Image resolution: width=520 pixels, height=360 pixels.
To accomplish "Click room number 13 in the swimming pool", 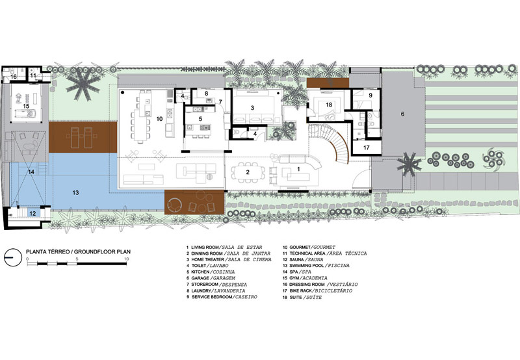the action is click(75, 192).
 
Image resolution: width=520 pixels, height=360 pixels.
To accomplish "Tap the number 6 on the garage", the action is click(402, 114).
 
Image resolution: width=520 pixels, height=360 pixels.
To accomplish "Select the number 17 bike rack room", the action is click(366, 148).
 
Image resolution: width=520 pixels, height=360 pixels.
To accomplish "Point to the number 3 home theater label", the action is click(252, 108).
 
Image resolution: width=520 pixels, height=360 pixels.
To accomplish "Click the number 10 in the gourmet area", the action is click(159, 119).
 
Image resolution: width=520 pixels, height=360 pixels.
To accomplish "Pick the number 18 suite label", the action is click(329, 105).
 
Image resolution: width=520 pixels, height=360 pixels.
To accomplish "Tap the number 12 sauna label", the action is click(32, 214).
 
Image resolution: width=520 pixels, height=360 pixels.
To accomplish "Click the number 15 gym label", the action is click(26, 107).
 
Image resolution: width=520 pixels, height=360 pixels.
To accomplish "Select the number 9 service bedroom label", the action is click(370, 95).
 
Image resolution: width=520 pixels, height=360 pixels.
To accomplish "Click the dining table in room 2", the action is click(248, 172).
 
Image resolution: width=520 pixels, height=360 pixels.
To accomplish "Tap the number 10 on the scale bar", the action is click(126, 259).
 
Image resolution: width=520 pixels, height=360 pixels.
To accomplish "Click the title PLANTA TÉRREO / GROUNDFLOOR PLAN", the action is click(78, 251).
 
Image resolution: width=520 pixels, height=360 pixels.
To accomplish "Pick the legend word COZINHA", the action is click(224, 272).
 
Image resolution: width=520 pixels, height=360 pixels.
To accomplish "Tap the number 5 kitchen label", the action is click(200, 118).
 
